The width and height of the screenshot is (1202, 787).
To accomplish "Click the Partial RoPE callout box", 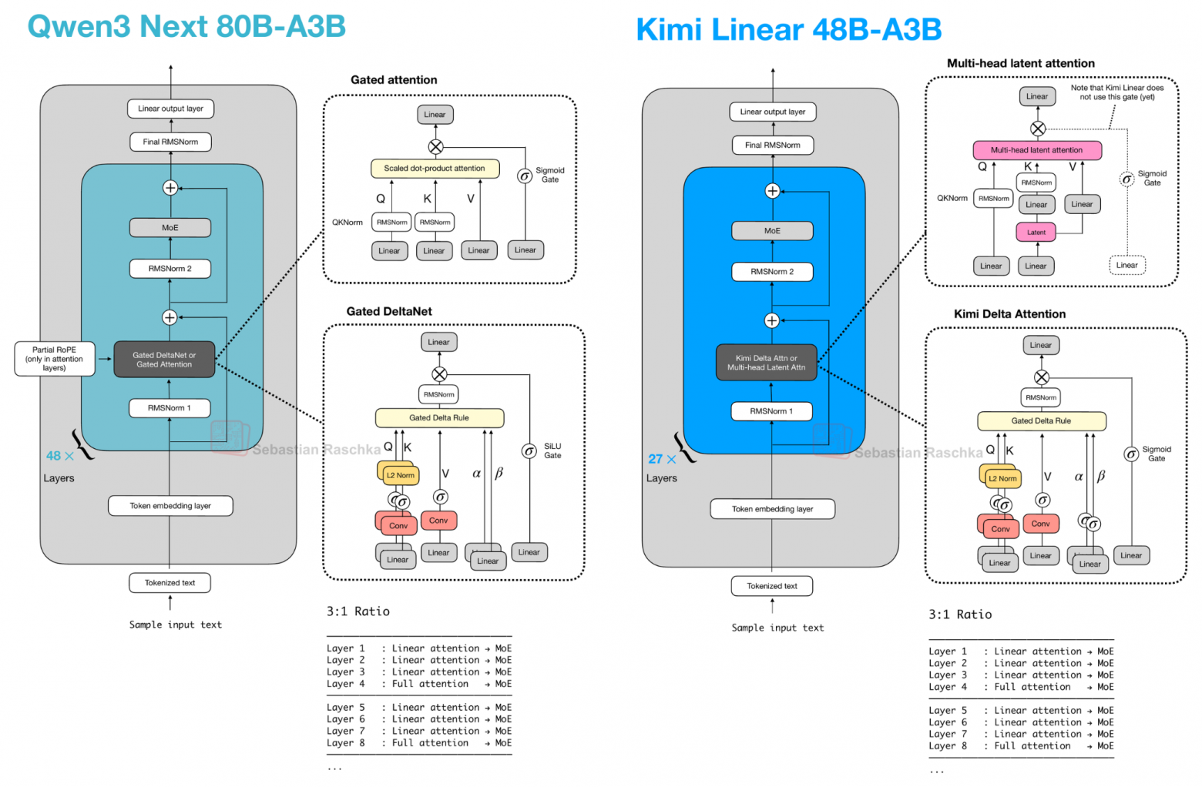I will [x=55, y=359].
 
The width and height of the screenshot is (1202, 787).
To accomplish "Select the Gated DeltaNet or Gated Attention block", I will [x=164, y=360].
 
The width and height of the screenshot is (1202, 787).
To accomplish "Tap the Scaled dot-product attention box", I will [x=435, y=168].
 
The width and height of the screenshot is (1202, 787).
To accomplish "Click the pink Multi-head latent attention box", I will [x=1036, y=150].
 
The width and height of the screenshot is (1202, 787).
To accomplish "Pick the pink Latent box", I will [x=1036, y=232].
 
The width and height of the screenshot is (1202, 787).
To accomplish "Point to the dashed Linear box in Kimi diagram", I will [x=1126, y=265].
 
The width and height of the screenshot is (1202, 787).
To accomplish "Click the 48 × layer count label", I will [x=59, y=456].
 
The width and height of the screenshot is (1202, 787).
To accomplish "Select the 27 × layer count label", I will [x=662, y=459].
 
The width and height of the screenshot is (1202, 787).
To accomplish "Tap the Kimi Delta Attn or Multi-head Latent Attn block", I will [x=766, y=363].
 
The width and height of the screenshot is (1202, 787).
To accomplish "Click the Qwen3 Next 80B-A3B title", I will [x=186, y=26].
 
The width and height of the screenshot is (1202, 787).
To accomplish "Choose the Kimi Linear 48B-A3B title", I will [x=788, y=30].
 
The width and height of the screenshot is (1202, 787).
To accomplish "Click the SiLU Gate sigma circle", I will [x=529, y=451].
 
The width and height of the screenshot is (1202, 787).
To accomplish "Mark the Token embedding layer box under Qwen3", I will [x=170, y=506].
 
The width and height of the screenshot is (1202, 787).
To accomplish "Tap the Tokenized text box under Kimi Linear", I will [x=772, y=586].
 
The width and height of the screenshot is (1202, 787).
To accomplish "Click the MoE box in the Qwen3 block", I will [x=170, y=228].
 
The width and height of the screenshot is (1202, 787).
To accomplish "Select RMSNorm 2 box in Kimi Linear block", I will [x=771, y=272].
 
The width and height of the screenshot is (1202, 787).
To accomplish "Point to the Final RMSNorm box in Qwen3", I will [x=170, y=142].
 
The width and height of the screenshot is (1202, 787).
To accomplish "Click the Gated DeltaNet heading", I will [x=389, y=311].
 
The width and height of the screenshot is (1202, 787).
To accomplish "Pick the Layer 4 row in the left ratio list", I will [x=418, y=684].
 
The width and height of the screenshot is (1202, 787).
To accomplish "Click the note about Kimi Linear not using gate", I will [x=1116, y=92].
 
